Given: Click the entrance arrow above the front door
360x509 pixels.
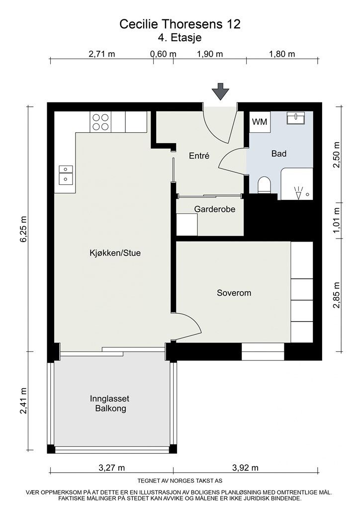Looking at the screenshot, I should pos(220,92).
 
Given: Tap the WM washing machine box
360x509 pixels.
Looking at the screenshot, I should pos(259,122).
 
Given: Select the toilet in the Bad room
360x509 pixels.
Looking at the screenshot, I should pos(264,185).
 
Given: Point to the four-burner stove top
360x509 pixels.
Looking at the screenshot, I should pos(100,122).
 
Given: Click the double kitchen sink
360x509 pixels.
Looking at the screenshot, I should pos(65,174).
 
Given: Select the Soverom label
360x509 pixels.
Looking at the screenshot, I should pos(234,293).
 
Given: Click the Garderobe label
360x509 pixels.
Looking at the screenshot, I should pos(214,209).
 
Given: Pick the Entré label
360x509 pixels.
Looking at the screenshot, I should pos(199,156).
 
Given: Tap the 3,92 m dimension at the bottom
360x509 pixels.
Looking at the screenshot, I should pos(246,468).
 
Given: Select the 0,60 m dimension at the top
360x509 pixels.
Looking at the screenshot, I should pos(164,54).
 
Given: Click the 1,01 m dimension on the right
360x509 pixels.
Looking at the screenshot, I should pos(337,223).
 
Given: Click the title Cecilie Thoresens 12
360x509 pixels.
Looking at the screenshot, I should pos(180,24).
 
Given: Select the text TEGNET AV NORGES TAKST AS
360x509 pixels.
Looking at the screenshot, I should pos(180,481).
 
